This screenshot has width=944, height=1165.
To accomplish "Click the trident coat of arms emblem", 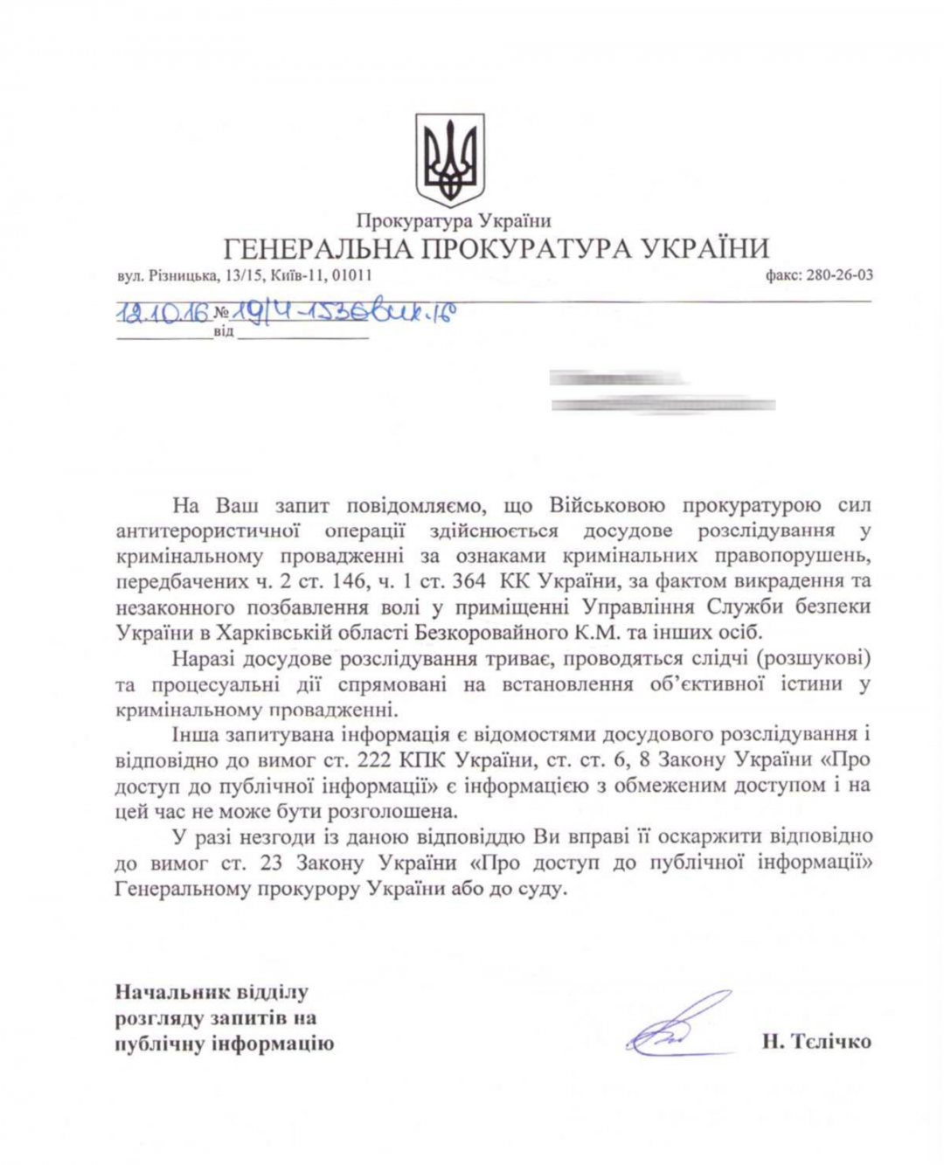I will (449, 159).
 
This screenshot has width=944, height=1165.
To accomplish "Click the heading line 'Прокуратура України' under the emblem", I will (453, 221).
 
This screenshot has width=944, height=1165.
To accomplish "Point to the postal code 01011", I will (352, 275).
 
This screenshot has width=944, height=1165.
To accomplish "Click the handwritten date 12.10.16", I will (163, 312).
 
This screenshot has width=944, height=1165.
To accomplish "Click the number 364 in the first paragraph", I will (467, 581).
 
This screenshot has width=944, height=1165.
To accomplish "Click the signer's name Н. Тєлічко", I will (816, 1041).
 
